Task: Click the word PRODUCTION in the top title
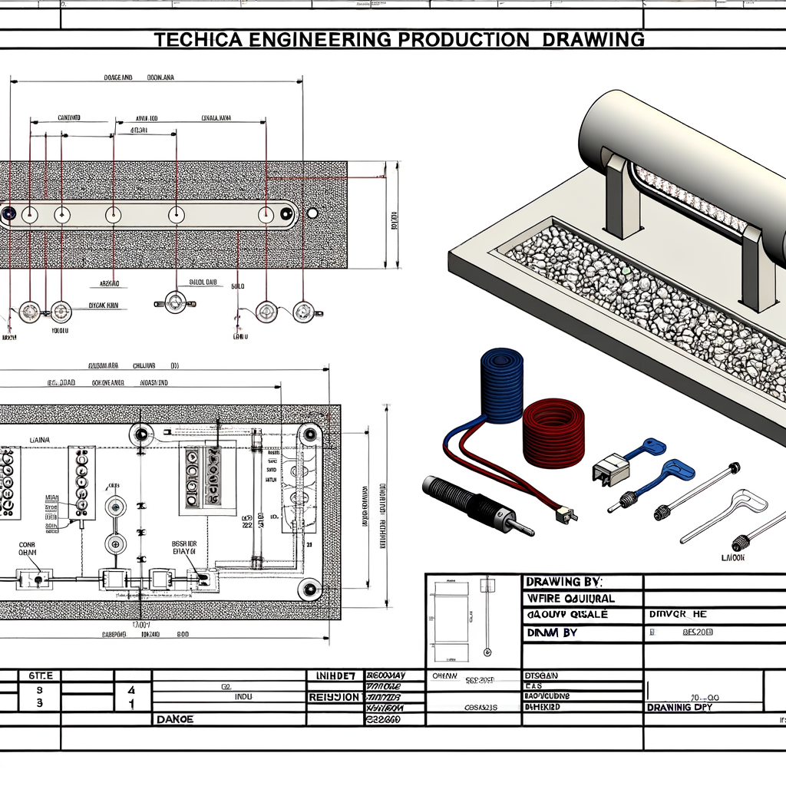pyautogui.click(x=452, y=39)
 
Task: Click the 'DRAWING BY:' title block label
pyautogui.click(x=564, y=583)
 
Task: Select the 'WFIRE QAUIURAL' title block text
pyautogui.click(x=571, y=598)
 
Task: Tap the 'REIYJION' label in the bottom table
pyautogui.click(x=333, y=697)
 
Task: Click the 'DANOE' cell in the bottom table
pyautogui.click(x=175, y=719)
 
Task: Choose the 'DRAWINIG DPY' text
pyautogui.click(x=690, y=707)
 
